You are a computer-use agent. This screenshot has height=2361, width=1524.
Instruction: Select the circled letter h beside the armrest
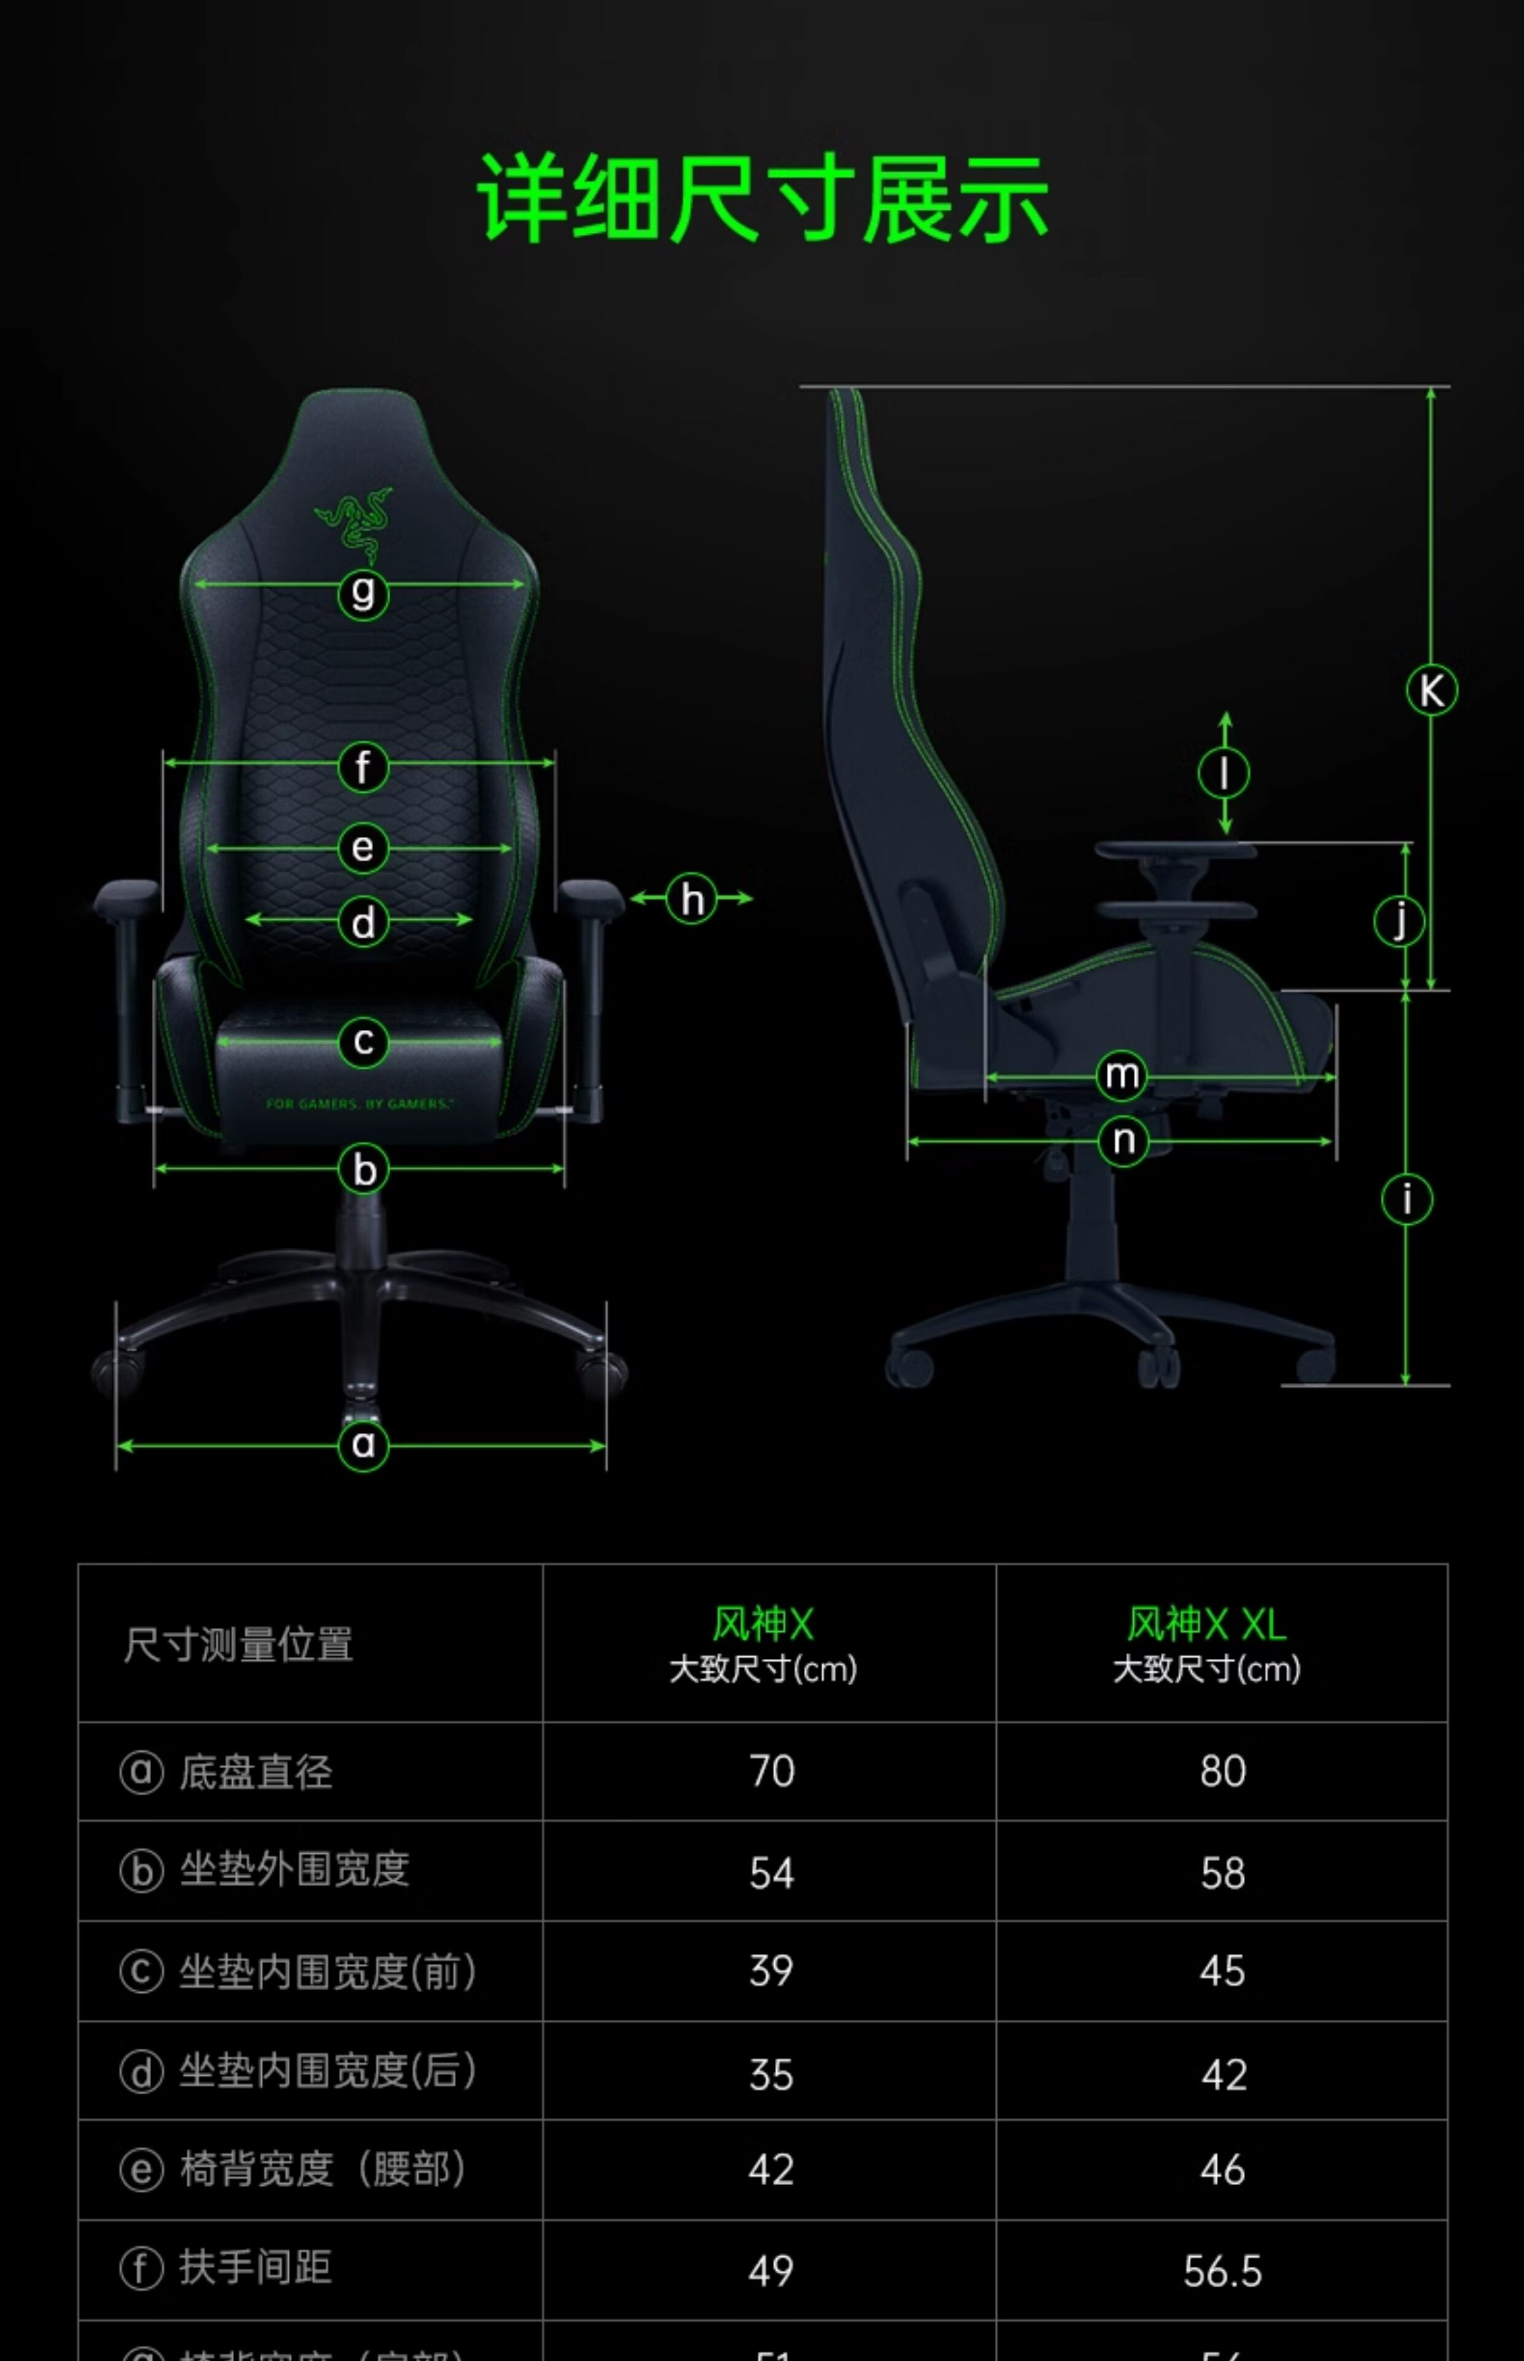(x=692, y=899)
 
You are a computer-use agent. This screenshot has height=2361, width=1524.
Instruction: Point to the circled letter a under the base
(x=363, y=1445)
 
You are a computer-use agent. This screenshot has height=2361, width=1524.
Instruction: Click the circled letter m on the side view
(x=1121, y=1075)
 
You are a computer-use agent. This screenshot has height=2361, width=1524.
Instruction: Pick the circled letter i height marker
(x=1406, y=1199)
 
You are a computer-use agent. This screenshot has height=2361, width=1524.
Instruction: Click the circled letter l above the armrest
(x=1224, y=773)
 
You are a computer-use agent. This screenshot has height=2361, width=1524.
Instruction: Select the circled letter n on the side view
(x=1123, y=1141)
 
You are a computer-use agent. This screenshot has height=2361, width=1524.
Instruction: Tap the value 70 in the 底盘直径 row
(x=772, y=1771)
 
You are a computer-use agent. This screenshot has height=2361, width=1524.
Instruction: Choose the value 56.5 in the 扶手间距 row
(x=1222, y=2271)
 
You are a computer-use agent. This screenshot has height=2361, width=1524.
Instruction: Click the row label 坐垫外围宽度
(x=294, y=1870)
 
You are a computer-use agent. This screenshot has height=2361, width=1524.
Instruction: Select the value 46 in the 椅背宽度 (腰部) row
(x=1222, y=2170)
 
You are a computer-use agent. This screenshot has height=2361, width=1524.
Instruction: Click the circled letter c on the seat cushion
(x=363, y=1042)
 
